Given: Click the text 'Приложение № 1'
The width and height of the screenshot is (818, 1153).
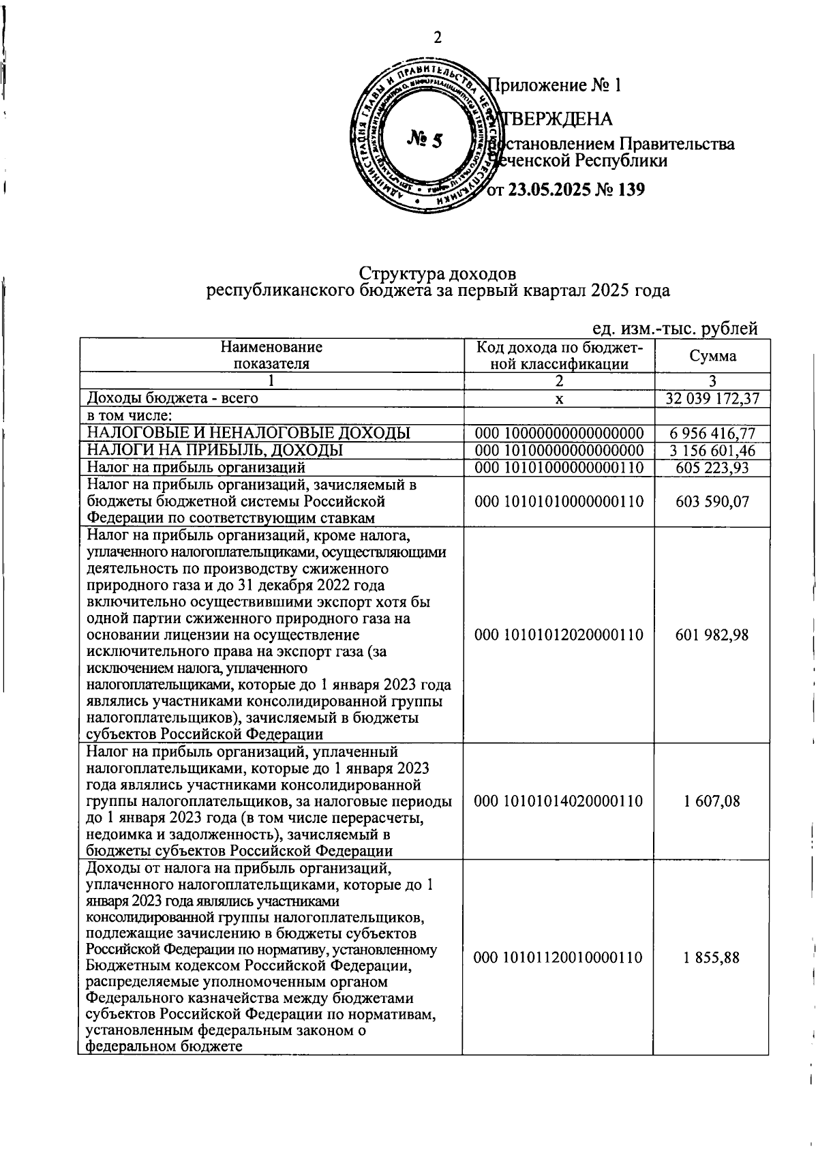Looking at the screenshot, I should pos(556,86).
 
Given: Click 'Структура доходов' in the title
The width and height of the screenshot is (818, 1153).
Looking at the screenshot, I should pos(438,273).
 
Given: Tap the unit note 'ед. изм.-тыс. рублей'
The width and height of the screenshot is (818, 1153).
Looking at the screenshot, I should pos(675,329).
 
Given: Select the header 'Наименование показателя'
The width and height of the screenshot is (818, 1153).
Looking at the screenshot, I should pos(271,355).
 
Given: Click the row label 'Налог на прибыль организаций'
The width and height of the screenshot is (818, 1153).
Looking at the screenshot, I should pos(192,468).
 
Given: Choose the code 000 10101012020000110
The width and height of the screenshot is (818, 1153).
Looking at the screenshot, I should pos(559,635).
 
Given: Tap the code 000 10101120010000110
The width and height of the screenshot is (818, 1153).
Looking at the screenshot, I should pos(559,957).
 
